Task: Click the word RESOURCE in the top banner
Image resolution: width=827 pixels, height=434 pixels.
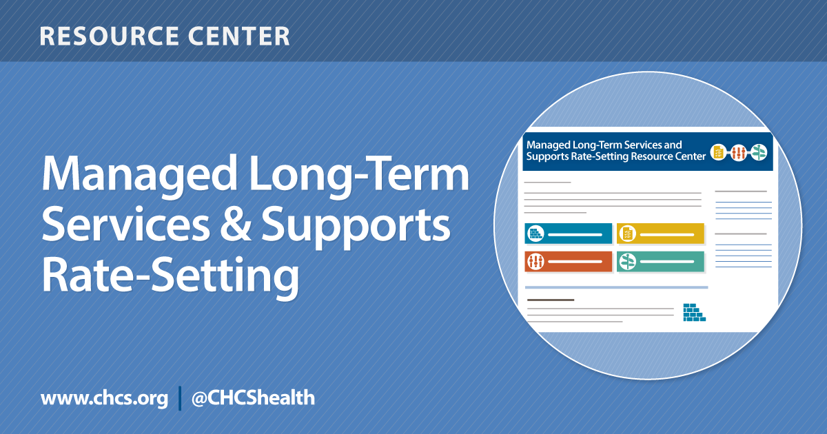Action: (x=108, y=36)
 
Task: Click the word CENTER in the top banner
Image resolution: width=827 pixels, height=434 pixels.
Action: (x=239, y=36)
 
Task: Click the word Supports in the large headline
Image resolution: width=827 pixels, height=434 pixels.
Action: (x=356, y=227)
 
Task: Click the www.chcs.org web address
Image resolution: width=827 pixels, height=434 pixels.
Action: (x=105, y=399)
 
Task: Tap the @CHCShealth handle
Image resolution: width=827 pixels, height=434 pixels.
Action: (x=254, y=398)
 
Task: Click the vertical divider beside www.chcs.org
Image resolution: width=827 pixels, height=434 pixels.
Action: (x=180, y=398)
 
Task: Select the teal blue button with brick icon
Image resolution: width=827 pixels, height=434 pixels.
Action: (x=568, y=234)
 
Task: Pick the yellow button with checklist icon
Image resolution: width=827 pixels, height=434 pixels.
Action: (x=660, y=234)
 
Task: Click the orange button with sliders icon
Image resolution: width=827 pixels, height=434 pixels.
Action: (x=568, y=262)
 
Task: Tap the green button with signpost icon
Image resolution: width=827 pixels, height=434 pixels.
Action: (x=660, y=262)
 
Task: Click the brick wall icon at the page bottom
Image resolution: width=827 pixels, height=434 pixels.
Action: (x=694, y=313)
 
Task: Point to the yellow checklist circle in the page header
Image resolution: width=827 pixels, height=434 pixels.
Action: (x=718, y=152)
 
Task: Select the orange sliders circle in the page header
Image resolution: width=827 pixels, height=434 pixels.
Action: (x=738, y=152)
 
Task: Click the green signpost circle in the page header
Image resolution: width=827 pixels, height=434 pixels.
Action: (x=759, y=152)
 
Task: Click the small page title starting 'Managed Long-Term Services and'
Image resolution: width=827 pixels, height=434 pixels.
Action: (x=616, y=151)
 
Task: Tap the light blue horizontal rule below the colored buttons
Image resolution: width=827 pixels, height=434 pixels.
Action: (x=617, y=287)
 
